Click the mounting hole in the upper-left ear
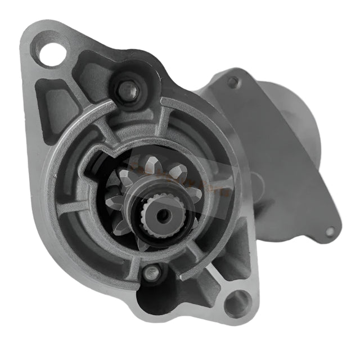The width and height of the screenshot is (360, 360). click(52, 55)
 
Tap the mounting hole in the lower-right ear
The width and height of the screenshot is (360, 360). click(237, 304)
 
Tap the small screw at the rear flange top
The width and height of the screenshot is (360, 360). click(232, 82)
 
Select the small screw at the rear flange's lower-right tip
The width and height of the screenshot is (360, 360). click(330, 231)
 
